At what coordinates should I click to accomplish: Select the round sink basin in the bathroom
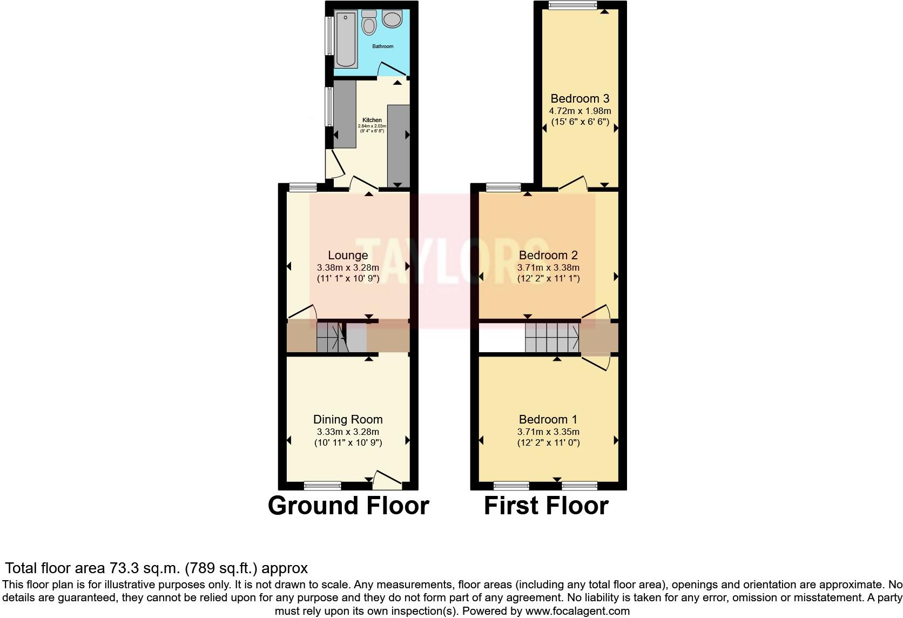(392, 19)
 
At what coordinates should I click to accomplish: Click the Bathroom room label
(382, 46)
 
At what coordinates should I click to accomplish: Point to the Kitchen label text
(372, 120)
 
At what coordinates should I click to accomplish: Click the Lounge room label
(348, 255)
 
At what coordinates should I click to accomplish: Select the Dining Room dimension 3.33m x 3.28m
(348, 432)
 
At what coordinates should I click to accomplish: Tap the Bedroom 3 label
(579, 98)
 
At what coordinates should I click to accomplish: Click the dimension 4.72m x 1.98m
(579, 111)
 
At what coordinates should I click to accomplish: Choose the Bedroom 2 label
(548, 255)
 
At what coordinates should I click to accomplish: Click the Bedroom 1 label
(548, 419)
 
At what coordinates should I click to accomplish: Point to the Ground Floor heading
(348, 506)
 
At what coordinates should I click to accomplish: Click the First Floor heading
(546, 506)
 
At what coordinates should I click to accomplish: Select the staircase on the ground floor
(330, 338)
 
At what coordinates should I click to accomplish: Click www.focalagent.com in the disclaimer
(577, 612)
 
